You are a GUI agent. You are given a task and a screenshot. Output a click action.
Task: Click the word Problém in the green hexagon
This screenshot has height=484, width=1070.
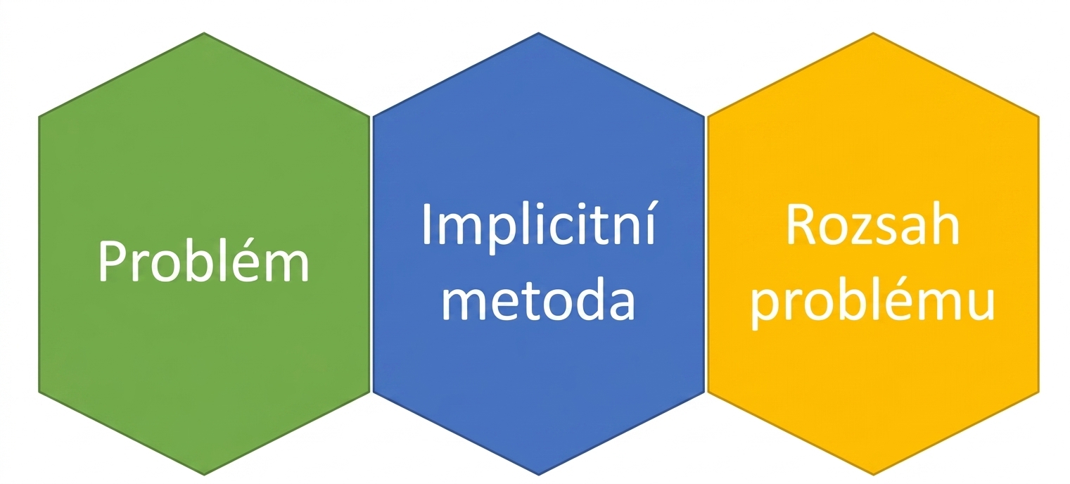click(204, 260)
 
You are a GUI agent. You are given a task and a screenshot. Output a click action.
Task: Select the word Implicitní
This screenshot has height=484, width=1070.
click(539, 224)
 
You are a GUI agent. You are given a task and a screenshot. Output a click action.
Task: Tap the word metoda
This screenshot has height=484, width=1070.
click(539, 298)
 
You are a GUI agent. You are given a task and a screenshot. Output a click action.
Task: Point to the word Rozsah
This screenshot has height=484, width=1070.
click(873, 223)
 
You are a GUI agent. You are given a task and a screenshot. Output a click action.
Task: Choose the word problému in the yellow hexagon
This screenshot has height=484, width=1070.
click(873, 302)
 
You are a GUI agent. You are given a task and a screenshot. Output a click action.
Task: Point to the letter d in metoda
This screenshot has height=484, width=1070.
click(587, 298)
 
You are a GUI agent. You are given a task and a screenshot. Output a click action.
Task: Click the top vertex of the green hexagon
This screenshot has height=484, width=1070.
click(204, 32)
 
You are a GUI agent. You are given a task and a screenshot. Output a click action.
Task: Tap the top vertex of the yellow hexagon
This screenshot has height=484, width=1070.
click(873, 32)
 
